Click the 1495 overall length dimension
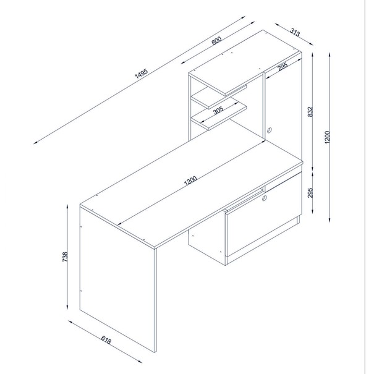tap(142, 74)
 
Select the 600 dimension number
tap(216, 41)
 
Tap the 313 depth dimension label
tap(295, 32)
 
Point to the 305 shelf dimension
tap(218, 110)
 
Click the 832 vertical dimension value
tap(310, 112)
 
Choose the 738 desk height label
tap(65, 257)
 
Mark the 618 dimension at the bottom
tap(106, 340)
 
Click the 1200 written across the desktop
tap(190, 181)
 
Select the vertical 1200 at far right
tap(327, 137)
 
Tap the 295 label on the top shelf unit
tap(283, 66)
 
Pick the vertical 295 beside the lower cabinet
tap(310, 193)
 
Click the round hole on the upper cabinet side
tap(270, 130)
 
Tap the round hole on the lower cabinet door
tap(265, 198)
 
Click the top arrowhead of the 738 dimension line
tap(67, 206)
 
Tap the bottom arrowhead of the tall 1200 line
tap(329, 220)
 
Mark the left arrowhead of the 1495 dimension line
tap(35, 143)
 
